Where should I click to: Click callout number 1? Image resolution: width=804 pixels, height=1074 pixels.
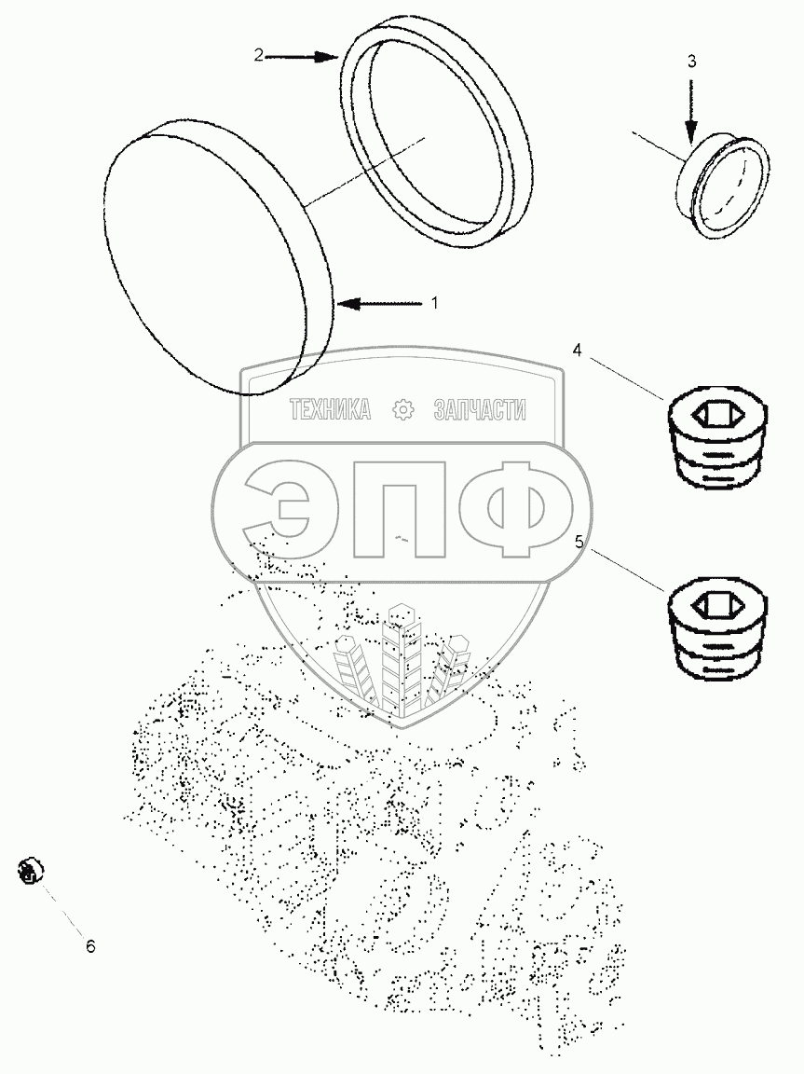click(434, 302)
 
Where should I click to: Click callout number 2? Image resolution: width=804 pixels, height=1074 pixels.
click(259, 56)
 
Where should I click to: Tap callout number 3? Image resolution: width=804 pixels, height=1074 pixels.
click(692, 62)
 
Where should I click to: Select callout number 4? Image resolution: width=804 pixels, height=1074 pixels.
click(578, 350)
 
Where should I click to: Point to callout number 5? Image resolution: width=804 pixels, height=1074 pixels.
click(579, 543)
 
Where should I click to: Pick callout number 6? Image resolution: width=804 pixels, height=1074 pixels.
click(91, 946)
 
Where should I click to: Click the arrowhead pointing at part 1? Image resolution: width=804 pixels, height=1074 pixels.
click(347, 303)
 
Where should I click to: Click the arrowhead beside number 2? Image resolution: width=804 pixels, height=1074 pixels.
click(326, 57)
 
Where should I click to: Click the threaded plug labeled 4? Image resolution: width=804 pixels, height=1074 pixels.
click(716, 438)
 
